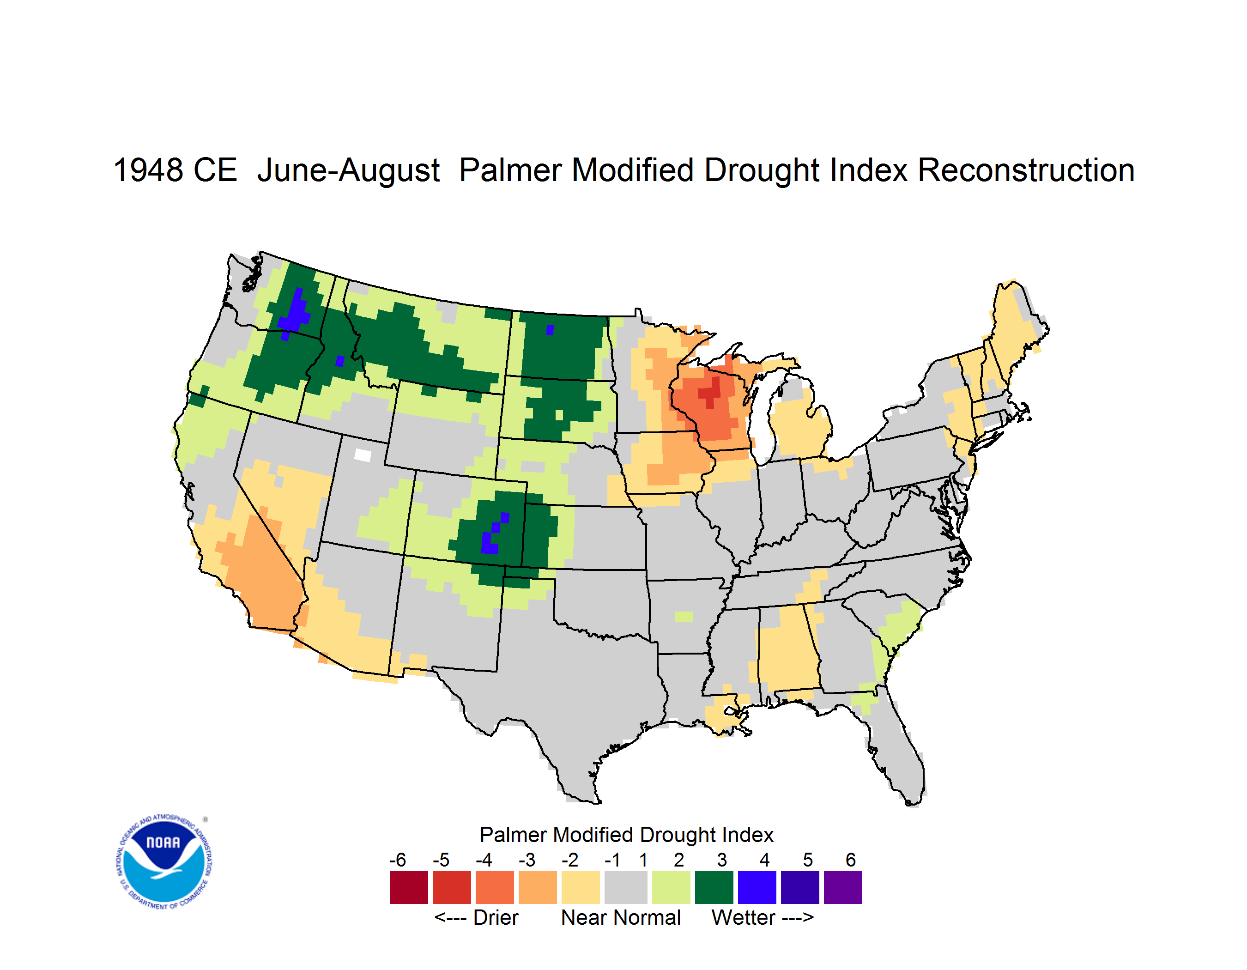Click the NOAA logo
coord(164,862)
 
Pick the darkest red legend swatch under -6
coord(409,887)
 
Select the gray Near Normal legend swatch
coord(626,887)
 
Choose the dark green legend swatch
coord(714,887)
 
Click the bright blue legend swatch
coord(757,887)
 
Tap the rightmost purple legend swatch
coord(843,887)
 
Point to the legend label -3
coord(527,860)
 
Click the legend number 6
coord(851,860)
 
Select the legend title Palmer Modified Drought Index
coord(626,835)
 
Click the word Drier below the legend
coord(496,917)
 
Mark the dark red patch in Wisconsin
coord(710,392)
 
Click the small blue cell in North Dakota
coord(550,330)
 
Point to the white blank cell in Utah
coord(363,455)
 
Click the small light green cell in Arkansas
coord(684,617)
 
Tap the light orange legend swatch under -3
coord(537,887)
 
